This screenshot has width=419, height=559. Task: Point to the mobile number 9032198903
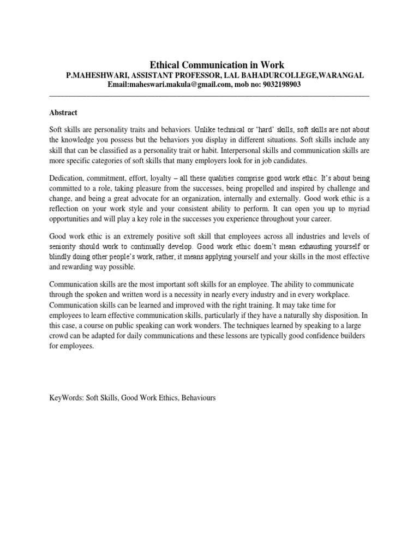tap(281, 85)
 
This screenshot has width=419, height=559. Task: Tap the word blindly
tap(61, 257)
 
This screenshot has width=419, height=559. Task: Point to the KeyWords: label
tap(65, 398)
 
